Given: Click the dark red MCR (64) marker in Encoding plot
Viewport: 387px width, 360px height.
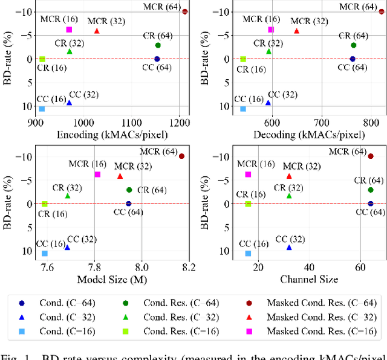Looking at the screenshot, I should (185, 11).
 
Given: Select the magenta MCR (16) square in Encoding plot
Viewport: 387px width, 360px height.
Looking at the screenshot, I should (69, 30).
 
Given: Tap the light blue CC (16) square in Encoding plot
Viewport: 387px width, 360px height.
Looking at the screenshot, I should (42, 109).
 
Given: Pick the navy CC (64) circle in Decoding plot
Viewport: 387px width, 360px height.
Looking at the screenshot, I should (353, 59).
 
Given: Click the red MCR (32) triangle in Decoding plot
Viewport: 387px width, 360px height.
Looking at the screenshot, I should (296, 31).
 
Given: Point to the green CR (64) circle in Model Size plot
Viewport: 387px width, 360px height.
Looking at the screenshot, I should (129, 190).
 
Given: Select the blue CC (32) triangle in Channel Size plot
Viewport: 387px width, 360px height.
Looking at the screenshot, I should (289, 247).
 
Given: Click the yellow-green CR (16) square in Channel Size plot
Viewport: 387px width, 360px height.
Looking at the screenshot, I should (248, 204).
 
